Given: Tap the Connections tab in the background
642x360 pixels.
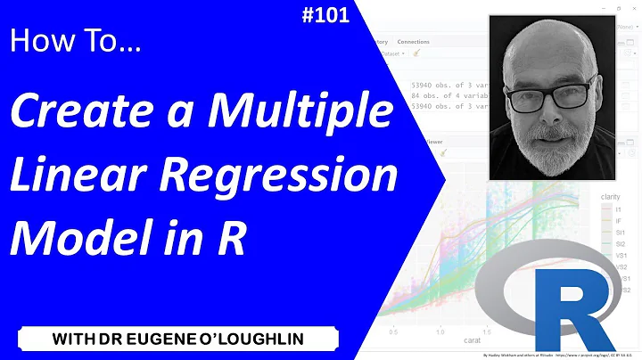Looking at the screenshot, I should (413, 42).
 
